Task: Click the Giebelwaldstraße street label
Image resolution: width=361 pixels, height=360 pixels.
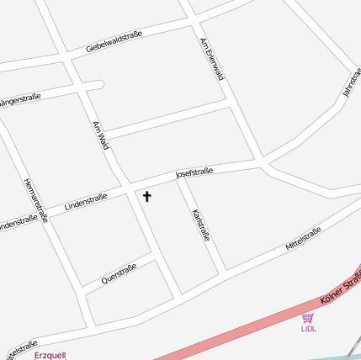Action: tap(114, 42)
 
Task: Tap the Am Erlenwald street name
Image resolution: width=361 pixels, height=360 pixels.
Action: tap(212, 58)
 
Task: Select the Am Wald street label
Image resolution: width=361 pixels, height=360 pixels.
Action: tap(101, 135)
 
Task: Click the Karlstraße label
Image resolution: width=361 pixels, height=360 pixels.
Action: tap(201, 225)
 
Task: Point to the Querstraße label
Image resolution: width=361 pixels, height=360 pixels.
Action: tap(119, 273)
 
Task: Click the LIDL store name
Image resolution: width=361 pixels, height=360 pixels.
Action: tap(308, 329)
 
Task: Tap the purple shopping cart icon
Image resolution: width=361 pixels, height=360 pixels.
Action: tap(308, 318)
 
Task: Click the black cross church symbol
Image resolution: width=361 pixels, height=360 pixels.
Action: tap(147, 197)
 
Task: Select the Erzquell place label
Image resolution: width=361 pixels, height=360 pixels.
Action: tap(50, 355)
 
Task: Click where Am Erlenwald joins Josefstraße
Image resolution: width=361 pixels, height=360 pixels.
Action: tap(263, 162)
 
